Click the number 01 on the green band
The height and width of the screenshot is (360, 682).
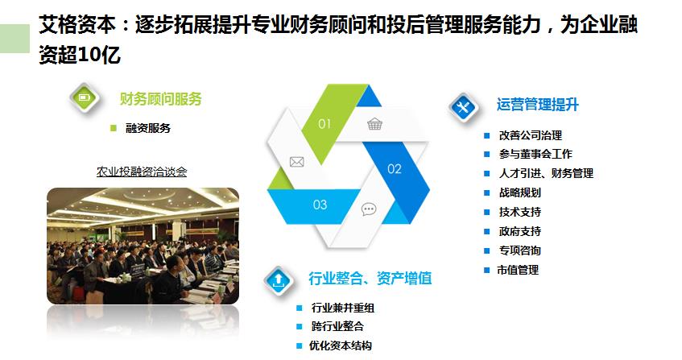tap(324, 124)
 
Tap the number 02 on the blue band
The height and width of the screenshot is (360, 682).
tap(395, 168)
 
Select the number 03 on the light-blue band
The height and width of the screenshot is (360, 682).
tap(320, 205)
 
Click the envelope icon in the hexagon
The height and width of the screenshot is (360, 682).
tap(296, 162)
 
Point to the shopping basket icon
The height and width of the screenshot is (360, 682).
tap(374, 124)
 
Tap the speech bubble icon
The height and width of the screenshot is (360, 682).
tap(369, 209)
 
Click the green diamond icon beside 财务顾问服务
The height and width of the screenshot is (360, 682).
tap(85, 97)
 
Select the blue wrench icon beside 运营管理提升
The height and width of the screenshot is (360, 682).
tap(464, 106)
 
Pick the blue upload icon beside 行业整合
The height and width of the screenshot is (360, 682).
tap(279, 280)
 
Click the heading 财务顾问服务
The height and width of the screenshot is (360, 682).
tap(161, 99)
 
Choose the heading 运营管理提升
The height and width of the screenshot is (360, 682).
tap(538, 105)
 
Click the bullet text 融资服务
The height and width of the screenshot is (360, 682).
tap(148, 128)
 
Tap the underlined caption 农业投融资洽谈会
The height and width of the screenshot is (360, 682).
tap(142, 172)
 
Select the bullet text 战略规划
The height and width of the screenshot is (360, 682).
tap(520, 192)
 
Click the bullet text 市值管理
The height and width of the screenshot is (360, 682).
tap(518, 270)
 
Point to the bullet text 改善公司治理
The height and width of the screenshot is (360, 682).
tap(531, 135)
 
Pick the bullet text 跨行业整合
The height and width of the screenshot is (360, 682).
tap(337, 326)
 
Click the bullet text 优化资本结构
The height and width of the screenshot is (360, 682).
tap(341, 346)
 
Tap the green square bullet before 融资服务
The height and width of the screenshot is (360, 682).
tap(114, 128)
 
